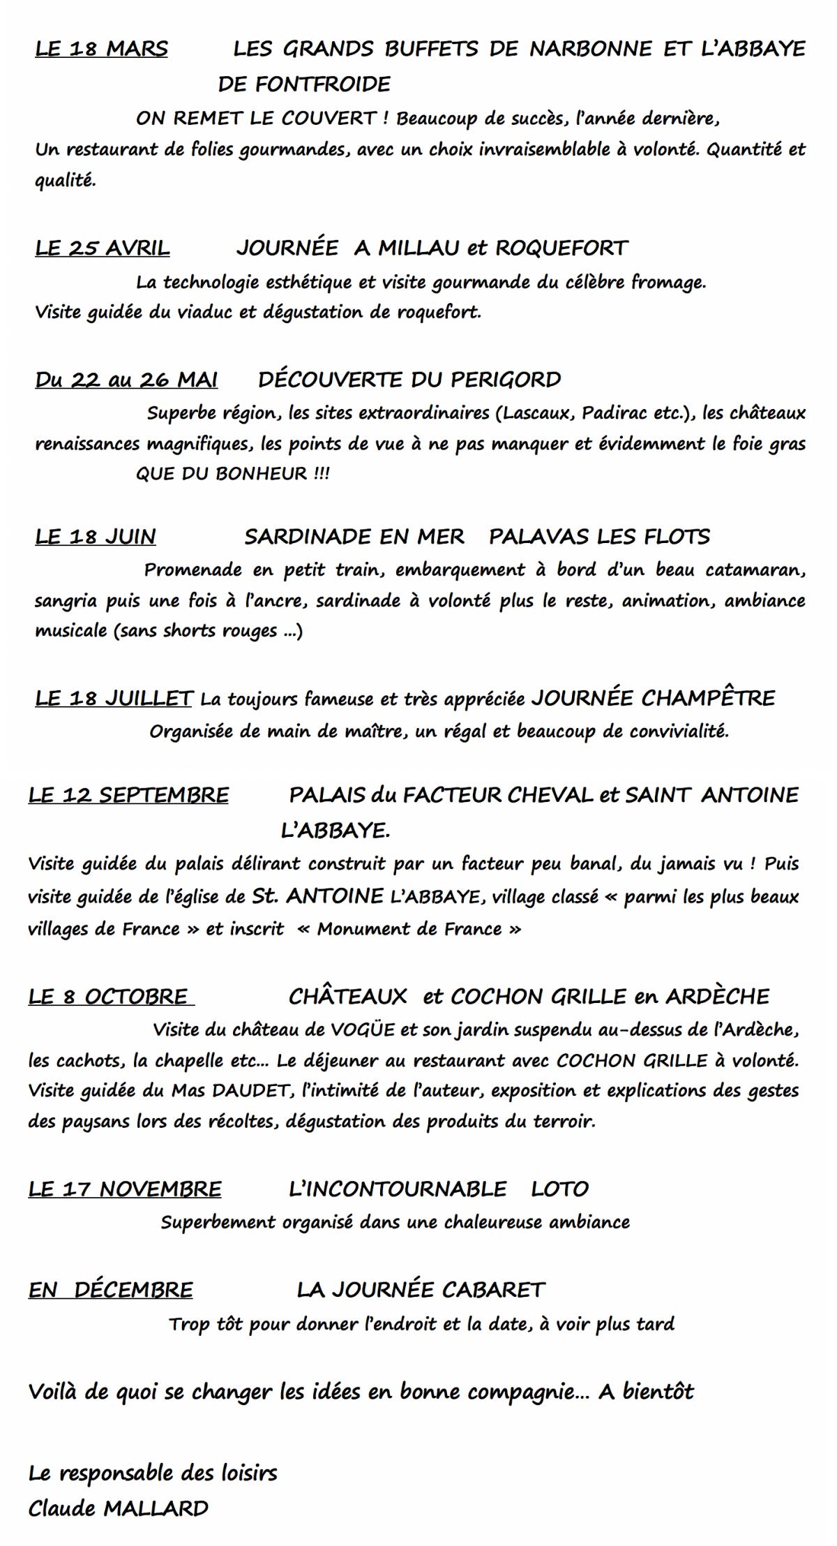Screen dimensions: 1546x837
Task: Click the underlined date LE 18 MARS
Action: tap(101, 50)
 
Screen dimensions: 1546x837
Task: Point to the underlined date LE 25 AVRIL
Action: tap(103, 248)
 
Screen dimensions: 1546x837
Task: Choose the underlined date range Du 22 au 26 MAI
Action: tap(126, 380)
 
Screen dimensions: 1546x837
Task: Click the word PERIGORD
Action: tap(506, 380)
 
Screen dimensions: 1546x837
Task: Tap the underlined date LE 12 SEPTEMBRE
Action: tap(128, 796)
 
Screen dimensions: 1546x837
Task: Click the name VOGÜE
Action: tap(363, 1030)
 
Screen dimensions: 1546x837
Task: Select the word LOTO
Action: tap(560, 1189)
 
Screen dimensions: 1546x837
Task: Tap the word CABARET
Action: tap(492, 1290)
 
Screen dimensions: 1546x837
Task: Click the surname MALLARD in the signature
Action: tap(156, 1509)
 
